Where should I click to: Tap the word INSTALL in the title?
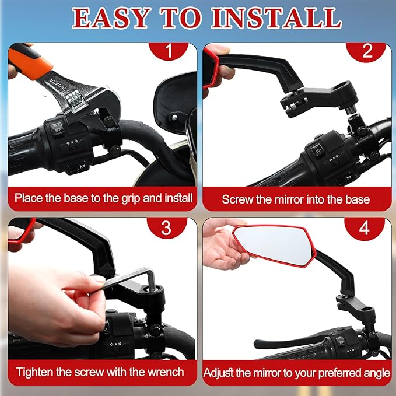[x=276, y=18]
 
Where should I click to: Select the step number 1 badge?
[x=169, y=51]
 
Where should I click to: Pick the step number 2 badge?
[x=366, y=52]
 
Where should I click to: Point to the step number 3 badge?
[x=167, y=228]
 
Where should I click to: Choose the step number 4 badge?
[x=365, y=229]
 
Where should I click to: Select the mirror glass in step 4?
[x=274, y=244]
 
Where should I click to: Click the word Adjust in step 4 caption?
[x=218, y=373]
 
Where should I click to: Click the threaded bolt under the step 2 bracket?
[x=351, y=109]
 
